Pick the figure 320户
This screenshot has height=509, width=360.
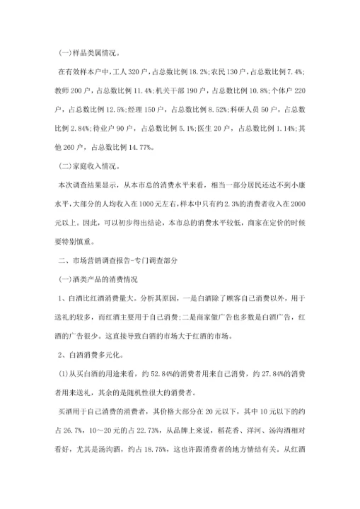[147, 72]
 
